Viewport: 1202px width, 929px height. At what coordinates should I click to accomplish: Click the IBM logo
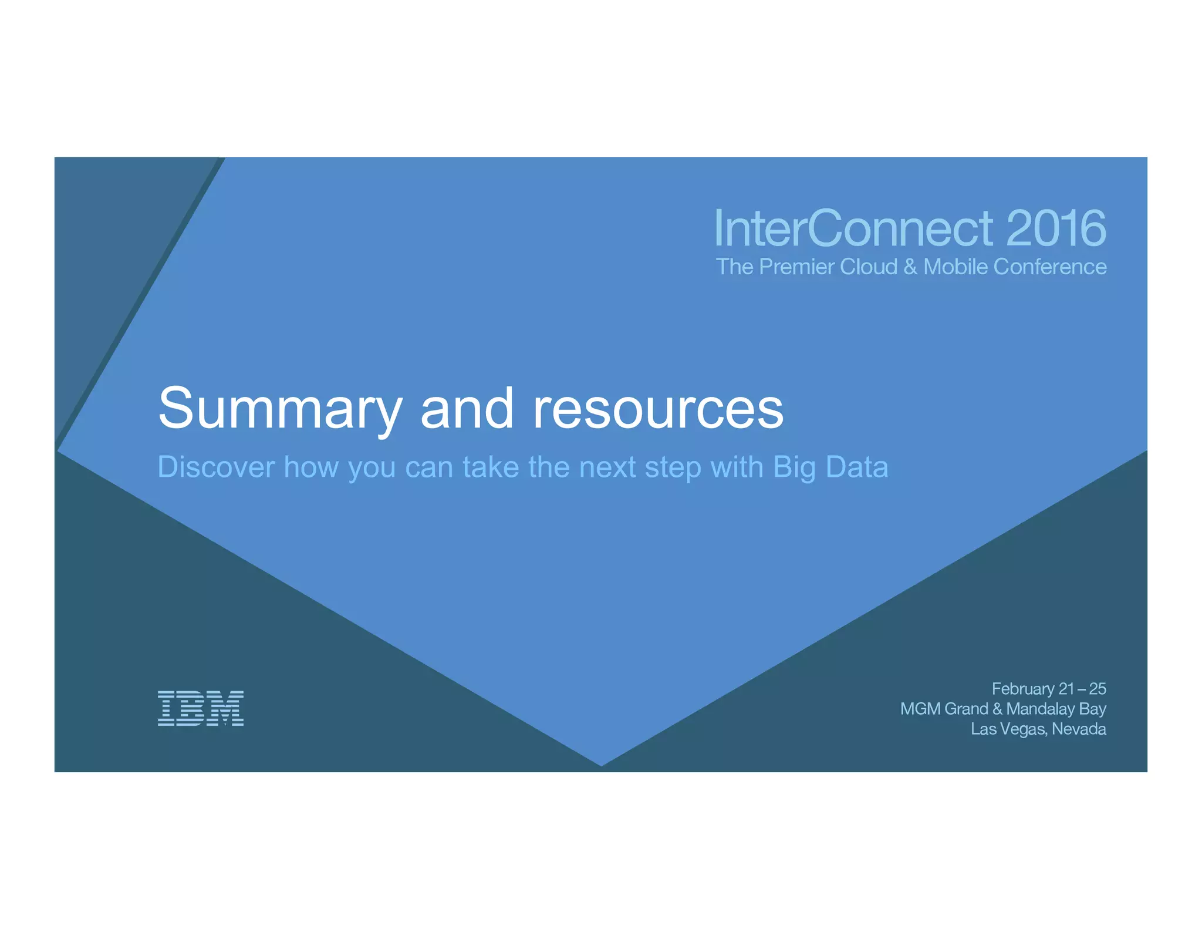click(x=201, y=708)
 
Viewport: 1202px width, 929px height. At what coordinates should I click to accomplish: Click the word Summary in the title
click(x=280, y=409)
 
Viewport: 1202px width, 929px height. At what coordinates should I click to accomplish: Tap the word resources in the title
click(x=658, y=409)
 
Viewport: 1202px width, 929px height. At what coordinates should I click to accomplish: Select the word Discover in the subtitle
click(x=216, y=467)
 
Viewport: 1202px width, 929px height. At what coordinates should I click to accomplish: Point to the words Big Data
click(x=830, y=467)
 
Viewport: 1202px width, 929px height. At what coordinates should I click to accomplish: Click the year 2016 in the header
click(x=1056, y=228)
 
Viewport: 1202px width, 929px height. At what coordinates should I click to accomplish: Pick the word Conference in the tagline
click(x=1050, y=267)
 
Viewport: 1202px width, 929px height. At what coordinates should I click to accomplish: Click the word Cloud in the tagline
click(x=869, y=267)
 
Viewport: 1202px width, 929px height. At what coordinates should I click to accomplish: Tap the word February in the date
click(x=1023, y=689)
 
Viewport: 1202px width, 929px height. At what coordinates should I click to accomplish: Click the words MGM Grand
click(x=944, y=709)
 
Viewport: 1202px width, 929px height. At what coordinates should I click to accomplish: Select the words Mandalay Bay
click(x=1056, y=709)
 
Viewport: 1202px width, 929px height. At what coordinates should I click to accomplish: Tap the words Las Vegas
click(x=1008, y=729)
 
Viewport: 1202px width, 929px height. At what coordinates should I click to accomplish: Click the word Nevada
click(x=1079, y=729)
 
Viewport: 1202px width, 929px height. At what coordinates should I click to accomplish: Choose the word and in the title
click(x=467, y=409)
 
